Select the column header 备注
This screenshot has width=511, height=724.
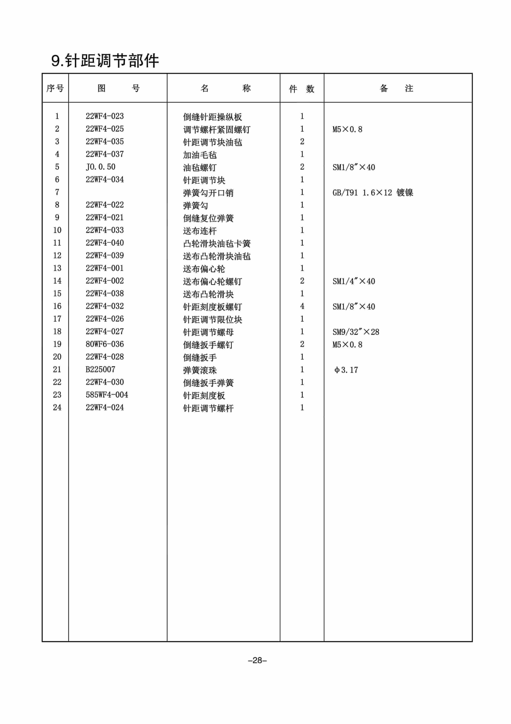(x=396, y=88)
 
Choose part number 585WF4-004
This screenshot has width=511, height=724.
(x=107, y=395)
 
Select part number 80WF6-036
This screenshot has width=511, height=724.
(x=104, y=344)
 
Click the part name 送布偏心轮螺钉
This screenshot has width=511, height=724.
(x=212, y=281)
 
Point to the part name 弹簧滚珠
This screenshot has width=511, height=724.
(x=200, y=370)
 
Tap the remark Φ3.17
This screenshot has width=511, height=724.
(x=346, y=370)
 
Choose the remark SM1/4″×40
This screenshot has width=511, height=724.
(x=354, y=281)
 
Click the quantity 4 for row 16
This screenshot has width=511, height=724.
(x=302, y=306)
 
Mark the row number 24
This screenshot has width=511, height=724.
(x=57, y=407)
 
